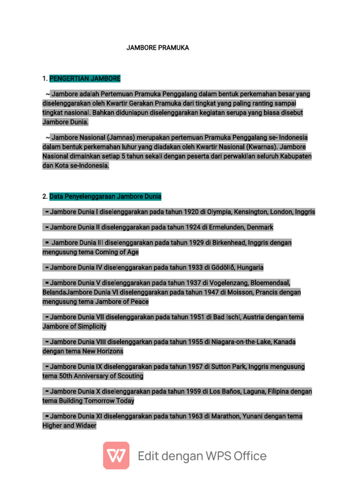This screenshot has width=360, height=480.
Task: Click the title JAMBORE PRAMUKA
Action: click(157, 48)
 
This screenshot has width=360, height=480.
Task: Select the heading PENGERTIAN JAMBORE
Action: click(85, 78)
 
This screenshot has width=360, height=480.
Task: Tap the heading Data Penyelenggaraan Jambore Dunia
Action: click(105, 196)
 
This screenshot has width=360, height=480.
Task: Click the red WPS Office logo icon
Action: click(116, 455)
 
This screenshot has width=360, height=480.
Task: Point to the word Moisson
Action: click(240, 292)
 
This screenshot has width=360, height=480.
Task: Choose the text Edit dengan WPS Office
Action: click(202, 456)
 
